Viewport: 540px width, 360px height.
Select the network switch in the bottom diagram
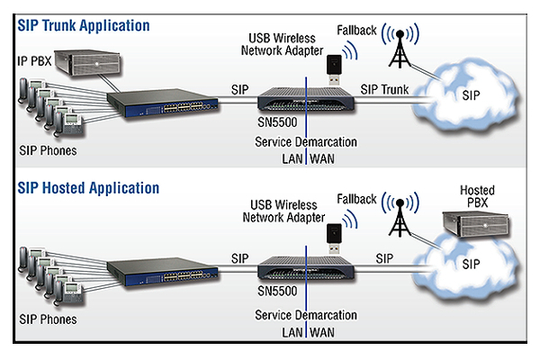[x=147, y=268]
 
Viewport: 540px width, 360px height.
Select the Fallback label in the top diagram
[x=357, y=29]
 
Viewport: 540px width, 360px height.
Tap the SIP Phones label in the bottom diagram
[x=47, y=319]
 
